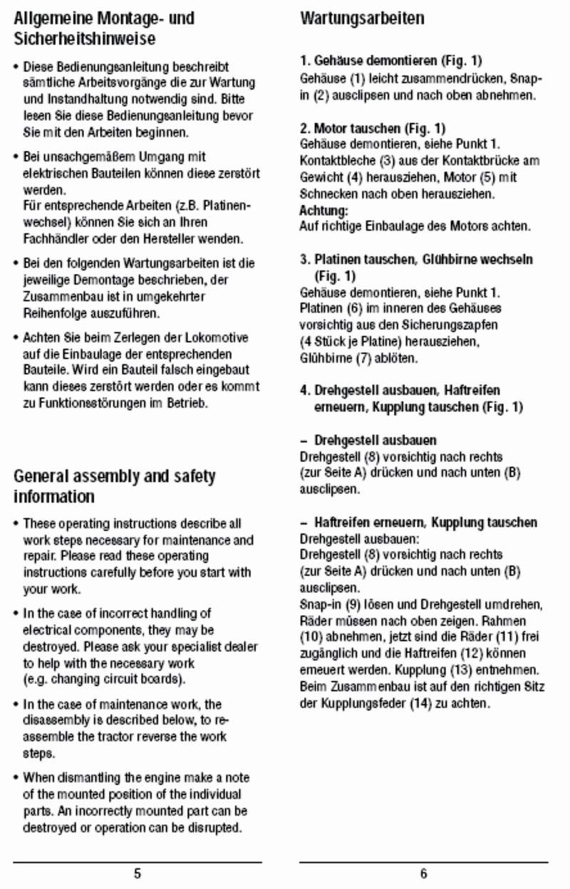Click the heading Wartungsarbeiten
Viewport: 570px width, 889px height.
[362, 18]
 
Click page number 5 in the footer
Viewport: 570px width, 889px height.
[137, 873]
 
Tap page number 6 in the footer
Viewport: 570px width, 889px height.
[423, 873]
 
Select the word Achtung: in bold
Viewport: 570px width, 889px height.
[323, 210]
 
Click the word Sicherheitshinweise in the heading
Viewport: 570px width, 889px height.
[84, 38]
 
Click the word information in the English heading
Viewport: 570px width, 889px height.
[54, 496]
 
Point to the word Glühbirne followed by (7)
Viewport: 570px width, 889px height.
[325, 358]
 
